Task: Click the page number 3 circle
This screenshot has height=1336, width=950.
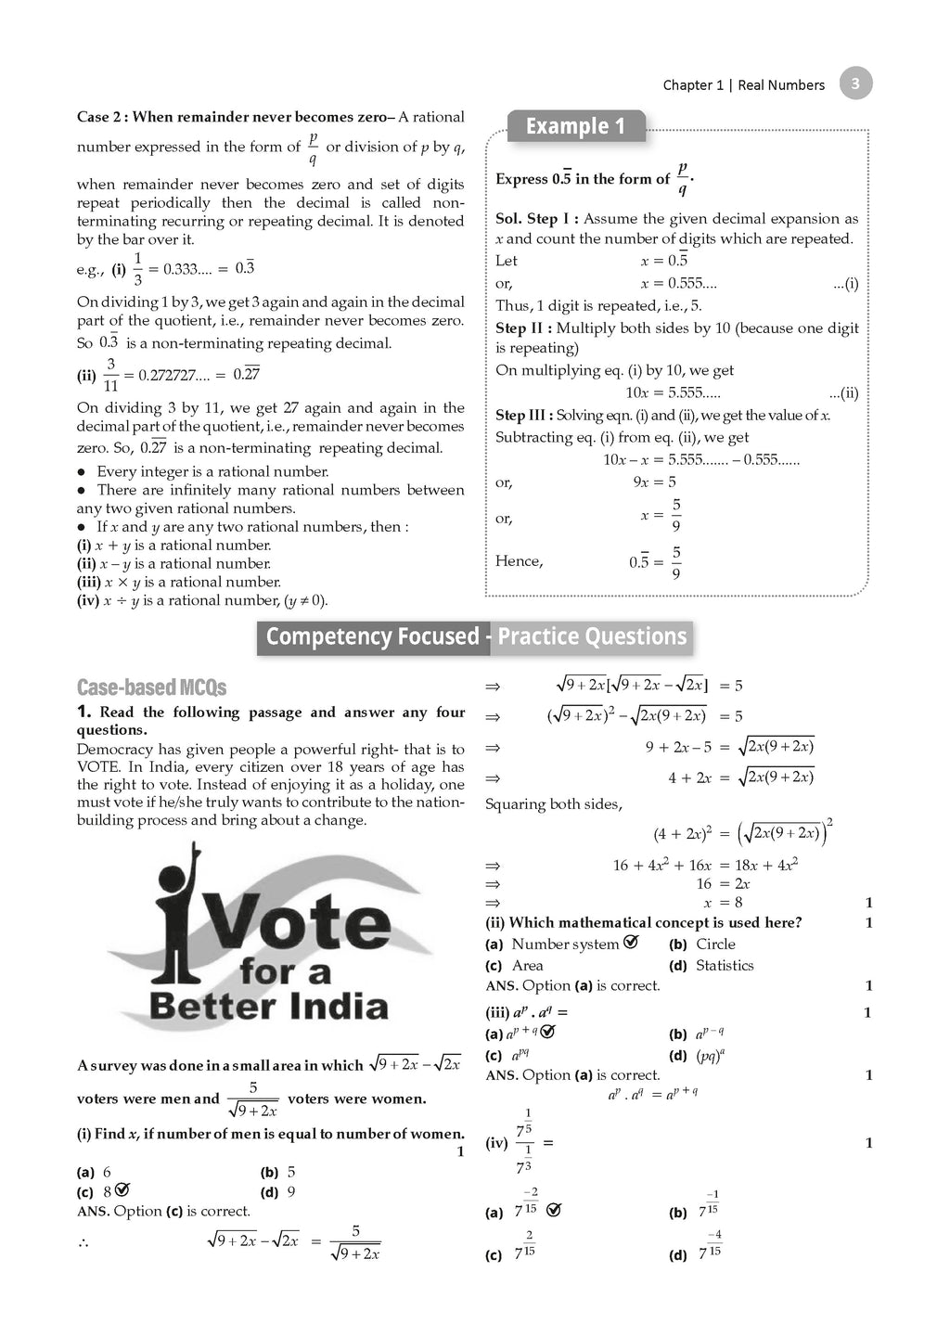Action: (855, 83)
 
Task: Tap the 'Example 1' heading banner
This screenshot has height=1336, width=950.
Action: (575, 126)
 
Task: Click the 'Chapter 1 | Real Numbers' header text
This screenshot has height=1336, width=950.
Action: (743, 85)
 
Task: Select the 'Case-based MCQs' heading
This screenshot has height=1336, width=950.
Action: (151, 687)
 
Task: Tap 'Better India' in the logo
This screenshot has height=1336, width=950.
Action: (268, 1007)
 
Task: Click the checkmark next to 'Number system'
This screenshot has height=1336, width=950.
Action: (631, 943)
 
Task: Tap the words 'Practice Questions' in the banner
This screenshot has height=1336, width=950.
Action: (592, 637)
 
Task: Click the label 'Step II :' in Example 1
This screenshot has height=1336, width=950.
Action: (523, 328)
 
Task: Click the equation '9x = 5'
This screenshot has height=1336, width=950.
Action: (654, 482)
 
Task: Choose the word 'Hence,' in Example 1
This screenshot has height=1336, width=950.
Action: (520, 561)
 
